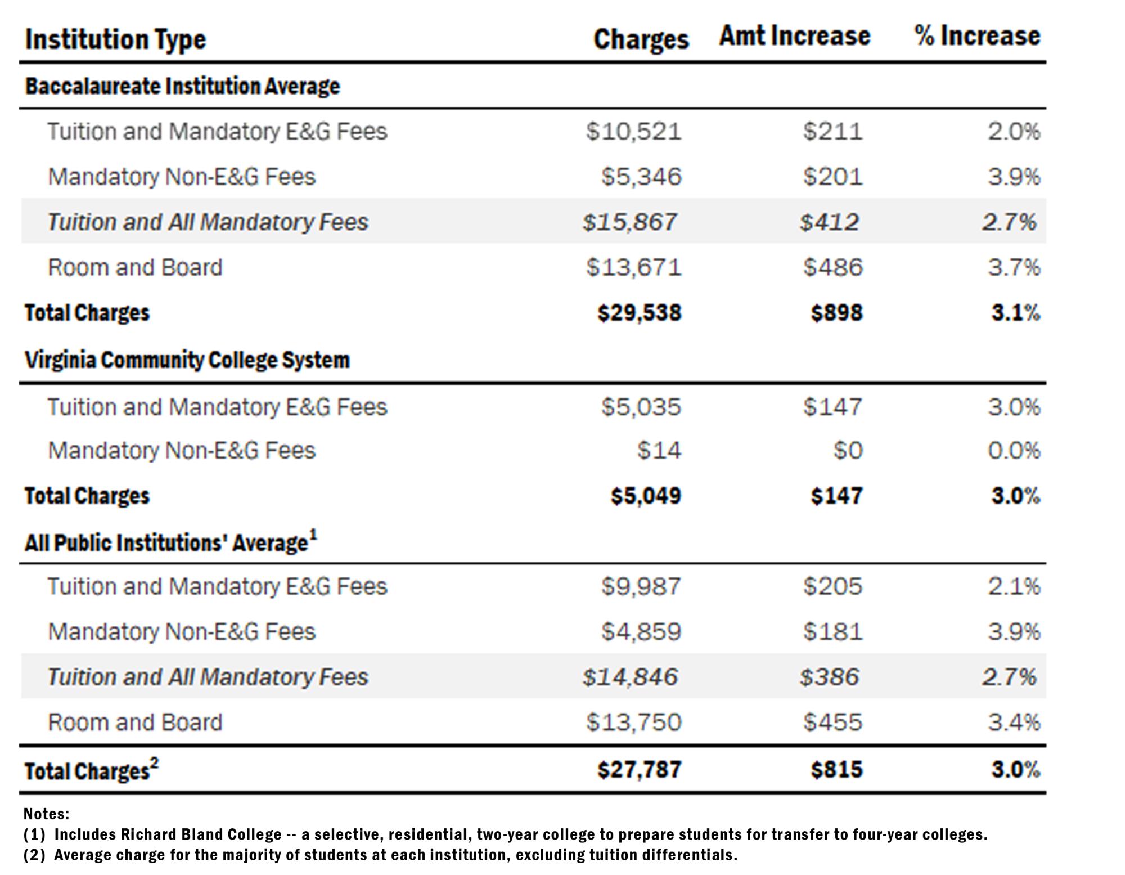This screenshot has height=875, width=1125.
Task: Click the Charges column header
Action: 641,39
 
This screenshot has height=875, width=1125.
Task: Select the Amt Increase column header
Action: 794,37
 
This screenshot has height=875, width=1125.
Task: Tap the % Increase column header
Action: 977,37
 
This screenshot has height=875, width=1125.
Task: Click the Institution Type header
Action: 116,40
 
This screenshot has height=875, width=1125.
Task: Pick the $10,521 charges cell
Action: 633,132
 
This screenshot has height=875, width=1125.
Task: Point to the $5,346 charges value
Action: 641,177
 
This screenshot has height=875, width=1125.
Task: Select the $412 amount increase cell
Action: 829,222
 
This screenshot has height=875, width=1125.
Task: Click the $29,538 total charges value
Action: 639,313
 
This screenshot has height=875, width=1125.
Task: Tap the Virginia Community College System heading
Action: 187,360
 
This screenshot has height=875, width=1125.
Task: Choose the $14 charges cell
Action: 659,451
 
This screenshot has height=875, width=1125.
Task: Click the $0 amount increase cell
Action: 848,451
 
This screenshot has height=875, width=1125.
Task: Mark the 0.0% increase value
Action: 1014,451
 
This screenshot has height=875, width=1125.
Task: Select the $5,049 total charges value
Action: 646,496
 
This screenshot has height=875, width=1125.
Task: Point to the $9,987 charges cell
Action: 641,587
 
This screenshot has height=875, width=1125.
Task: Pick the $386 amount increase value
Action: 829,677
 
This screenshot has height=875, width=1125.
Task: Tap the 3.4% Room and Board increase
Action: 1014,723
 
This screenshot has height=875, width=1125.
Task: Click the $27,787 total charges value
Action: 639,770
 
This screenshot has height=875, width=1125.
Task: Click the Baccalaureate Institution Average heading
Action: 183,87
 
